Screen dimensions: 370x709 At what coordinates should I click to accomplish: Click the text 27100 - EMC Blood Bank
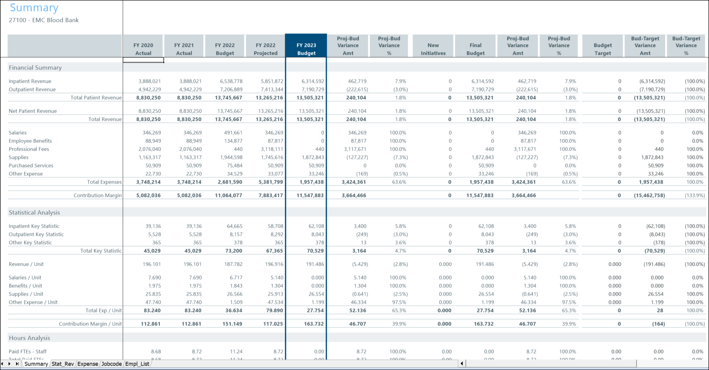(x=44, y=20)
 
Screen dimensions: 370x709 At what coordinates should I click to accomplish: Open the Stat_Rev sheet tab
(x=63, y=364)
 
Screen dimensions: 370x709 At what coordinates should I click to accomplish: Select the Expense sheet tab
(x=88, y=364)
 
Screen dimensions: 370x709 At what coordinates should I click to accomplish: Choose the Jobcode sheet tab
(x=111, y=364)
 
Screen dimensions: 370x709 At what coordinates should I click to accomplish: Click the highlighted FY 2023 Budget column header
(x=306, y=49)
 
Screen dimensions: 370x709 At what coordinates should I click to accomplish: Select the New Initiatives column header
(x=433, y=49)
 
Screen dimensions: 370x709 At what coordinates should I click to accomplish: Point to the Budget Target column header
(x=602, y=49)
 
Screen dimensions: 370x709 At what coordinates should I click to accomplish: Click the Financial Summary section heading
(x=35, y=68)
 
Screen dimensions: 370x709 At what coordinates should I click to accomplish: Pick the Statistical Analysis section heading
(x=34, y=212)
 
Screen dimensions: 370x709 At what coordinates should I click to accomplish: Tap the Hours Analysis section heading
(x=29, y=338)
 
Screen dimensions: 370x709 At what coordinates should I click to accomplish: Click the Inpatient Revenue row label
(x=30, y=81)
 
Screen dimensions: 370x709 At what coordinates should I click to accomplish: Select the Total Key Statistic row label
(x=101, y=251)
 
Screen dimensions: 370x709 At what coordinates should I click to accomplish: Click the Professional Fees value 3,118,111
(x=271, y=149)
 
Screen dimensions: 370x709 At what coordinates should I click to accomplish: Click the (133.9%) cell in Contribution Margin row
(x=694, y=196)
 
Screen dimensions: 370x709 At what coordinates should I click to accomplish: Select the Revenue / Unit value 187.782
(x=233, y=264)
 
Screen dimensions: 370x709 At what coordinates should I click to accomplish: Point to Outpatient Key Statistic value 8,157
(x=236, y=235)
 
